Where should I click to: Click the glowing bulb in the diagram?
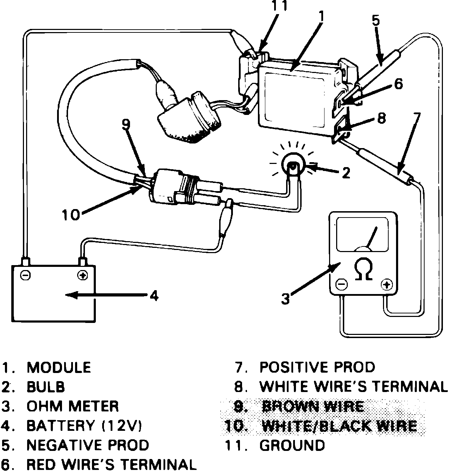pyautogui.click(x=294, y=165)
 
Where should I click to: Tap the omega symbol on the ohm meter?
pyautogui.click(x=363, y=270)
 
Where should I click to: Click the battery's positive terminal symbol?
pyautogui.click(x=82, y=275)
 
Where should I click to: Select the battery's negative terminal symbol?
pyautogui.click(x=25, y=275)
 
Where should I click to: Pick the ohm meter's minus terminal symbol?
pyautogui.click(x=342, y=285)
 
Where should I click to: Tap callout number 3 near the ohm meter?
pyautogui.click(x=285, y=299)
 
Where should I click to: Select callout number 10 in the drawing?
pyautogui.click(x=71, y=214)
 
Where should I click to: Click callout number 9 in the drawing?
pyautogui.click(x=126, y=124)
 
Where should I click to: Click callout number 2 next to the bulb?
pyautogui.click(x=346, y=173)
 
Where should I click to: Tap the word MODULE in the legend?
pyautogui.click(x=59, y=367)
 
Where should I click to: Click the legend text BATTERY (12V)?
pyautogui.click(x=84, y=426)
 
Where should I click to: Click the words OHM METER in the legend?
pyautogui.click(x=73, y=406)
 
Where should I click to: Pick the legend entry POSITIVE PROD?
pyautogui.click(x=317, y=367)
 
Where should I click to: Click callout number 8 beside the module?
pyautogui.click(x=381, y=118)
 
